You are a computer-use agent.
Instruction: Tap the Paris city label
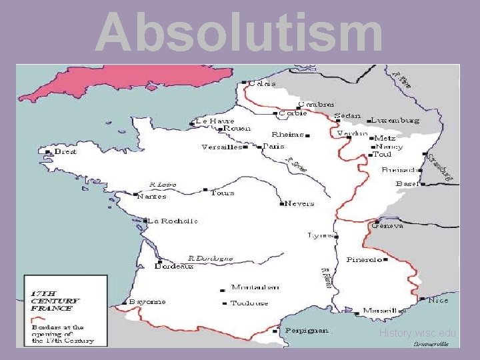tap(273, 146)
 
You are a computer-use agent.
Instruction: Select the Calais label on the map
tap(262, 84)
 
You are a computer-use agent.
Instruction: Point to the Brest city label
tap(65, 151)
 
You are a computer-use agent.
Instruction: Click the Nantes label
tap(151, 197)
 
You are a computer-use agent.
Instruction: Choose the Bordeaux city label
tap(174, 266)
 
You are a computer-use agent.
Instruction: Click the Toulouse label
tap(249, 303)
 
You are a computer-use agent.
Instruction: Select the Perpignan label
tap(307, 330)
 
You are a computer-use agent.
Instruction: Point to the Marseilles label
tap(384, 311)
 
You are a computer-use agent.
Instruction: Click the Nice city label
tap(438, 301)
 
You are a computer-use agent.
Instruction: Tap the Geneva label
tap(388, 226)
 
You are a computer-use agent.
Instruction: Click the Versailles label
tap(221, 147)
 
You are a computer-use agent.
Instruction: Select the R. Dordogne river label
tap(211, 258)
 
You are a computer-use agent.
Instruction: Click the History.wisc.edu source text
tap(417, 333)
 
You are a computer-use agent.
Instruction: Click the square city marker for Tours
tap(205, 190)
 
